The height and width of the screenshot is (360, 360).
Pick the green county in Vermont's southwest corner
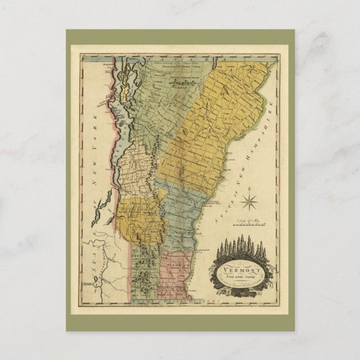coord(145,268)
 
